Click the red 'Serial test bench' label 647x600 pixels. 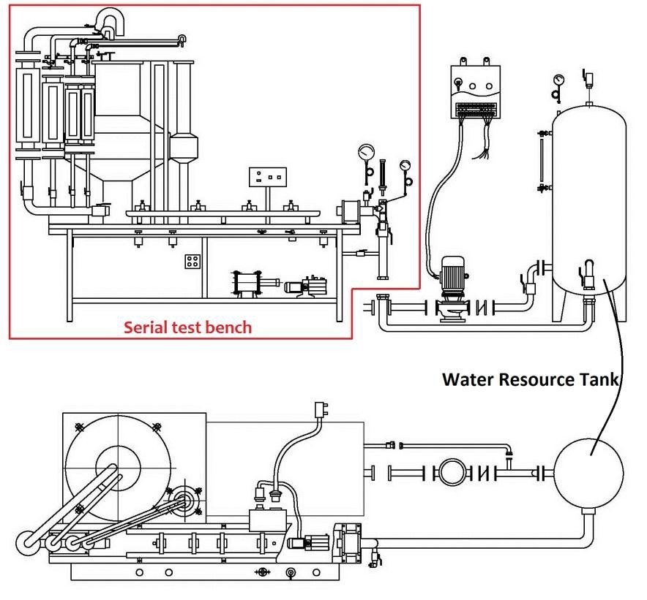[187, 327]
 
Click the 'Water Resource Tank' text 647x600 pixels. [531, 380]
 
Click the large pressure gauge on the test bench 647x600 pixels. [366, 154]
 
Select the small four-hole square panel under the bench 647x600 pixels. [193, 262]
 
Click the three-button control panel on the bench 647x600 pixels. [266, 177]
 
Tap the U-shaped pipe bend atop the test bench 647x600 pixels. [110, 18]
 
